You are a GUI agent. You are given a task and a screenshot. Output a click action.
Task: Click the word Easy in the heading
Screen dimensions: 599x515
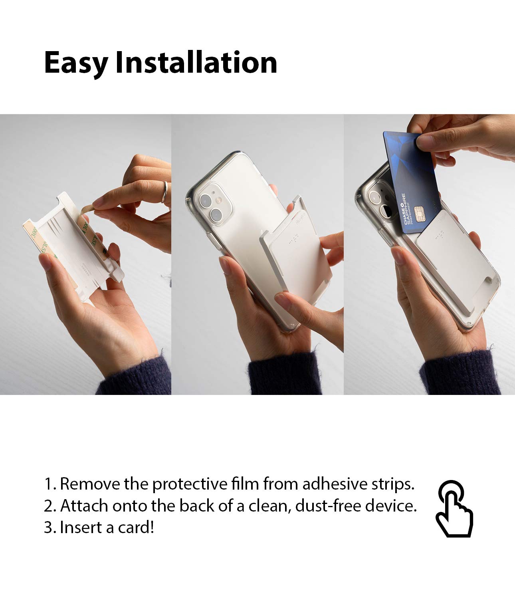76,63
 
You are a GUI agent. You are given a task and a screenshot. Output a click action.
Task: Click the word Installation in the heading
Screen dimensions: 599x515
196,63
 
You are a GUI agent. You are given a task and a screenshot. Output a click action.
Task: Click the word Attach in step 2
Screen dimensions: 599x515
84,506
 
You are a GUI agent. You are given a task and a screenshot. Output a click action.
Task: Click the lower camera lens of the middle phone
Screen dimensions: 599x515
217,216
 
